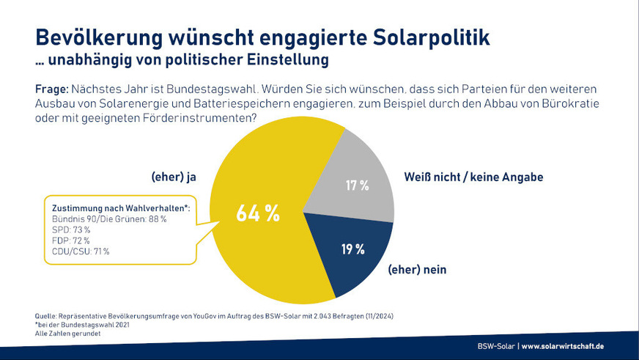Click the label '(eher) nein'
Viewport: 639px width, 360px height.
[x=417, y=270]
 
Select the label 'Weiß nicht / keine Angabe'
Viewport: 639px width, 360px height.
[x=473, y=177]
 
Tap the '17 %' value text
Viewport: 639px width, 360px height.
[x=356, y=185]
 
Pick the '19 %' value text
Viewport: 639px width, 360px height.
[x=352, y=249]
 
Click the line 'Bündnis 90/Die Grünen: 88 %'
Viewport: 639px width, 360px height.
[x=110, y=218]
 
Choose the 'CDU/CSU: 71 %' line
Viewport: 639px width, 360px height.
[x=81, y=251]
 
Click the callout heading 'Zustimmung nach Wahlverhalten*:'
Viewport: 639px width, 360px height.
[x=118, y=207]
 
